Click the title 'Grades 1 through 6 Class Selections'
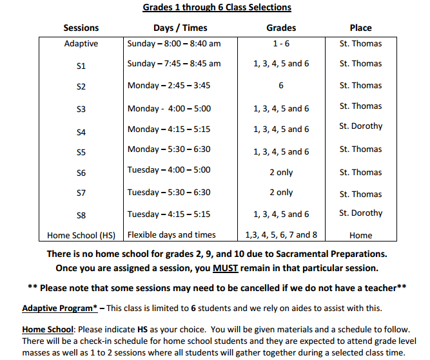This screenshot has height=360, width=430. point(217,8)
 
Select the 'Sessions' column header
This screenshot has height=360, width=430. point(81,28)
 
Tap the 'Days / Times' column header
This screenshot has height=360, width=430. point(181,28)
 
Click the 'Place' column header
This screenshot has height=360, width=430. point(360,28)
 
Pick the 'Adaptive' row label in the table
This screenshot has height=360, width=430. point(81,44)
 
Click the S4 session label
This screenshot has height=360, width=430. point(81,133)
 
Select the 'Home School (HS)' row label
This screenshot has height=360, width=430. point(81,235)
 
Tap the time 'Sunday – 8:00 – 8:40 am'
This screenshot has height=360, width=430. point(174,44)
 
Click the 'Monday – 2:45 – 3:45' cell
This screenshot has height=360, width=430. point(169,85)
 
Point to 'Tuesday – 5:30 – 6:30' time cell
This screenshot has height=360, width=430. point(169,192)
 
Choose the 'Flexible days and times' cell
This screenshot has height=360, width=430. point(171,234)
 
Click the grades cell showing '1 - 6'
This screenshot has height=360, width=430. point(281,44)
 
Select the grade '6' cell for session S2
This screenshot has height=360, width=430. point(281,85)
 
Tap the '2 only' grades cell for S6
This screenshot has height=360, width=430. point(281,172)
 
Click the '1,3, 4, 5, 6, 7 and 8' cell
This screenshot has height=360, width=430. point(281,235)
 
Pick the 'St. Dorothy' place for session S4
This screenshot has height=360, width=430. point(360,126)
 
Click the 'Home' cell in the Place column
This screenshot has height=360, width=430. point(360,236)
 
